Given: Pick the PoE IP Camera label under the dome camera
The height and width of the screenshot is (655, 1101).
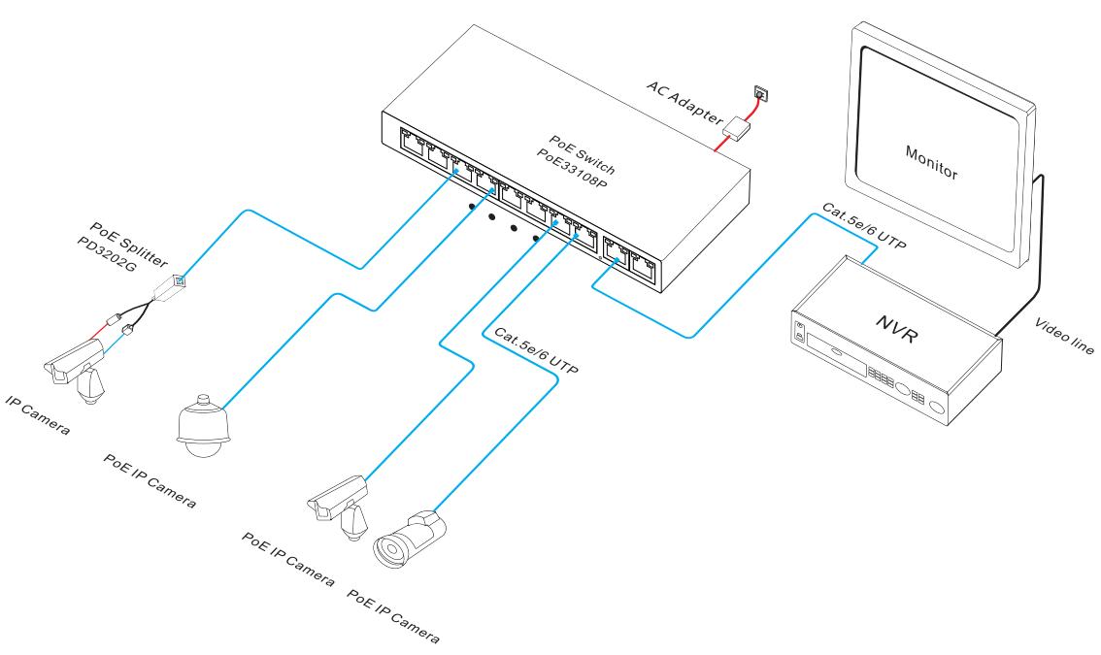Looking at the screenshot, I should click(150, 480).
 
